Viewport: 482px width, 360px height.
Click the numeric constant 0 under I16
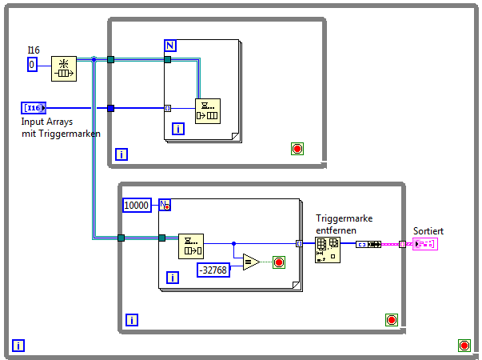coord(32,64)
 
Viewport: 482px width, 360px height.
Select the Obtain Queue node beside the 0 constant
coord(63,69)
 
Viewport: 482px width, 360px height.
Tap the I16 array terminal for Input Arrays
coord(34,108)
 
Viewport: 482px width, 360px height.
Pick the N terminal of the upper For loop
coord(170,45)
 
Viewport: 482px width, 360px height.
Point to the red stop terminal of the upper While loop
coord(297,148)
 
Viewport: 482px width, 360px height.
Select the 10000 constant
coord(138,205)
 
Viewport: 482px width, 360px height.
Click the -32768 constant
coord(213,270)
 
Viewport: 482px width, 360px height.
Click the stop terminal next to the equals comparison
coord(279,262)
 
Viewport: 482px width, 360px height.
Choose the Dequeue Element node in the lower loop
coord(191,246)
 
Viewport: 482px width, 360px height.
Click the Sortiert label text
coord(428,230)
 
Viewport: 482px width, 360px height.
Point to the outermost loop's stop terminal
coord(464,345)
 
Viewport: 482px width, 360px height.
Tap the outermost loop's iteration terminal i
coord(18,346)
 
